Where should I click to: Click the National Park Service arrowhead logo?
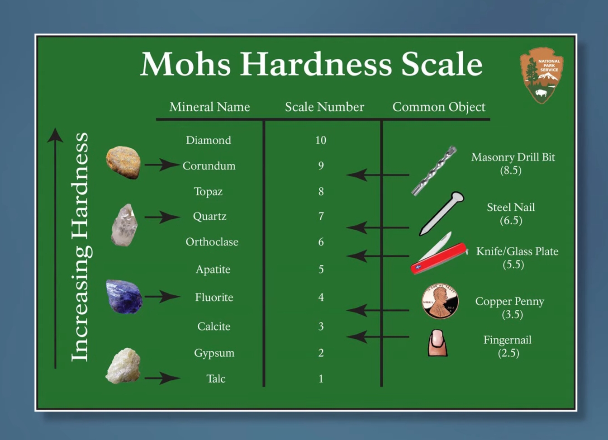coord(541,75)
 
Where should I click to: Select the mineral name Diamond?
coord(209,140)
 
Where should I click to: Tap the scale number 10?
coord(321,140)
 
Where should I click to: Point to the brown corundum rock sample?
coord(123,162)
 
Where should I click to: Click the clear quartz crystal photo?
coord(124,225)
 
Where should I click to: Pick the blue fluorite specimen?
coord(124,297)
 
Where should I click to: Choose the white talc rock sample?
coord(123,366)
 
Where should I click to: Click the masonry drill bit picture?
coord(434,171)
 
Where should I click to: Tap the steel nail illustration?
coord(442,213)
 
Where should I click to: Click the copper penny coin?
coord(440,301)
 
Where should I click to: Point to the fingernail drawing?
coord(437,343)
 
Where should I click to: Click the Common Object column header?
coord(439,107)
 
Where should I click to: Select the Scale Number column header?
coord(324,107)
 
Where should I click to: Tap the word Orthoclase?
coord(212,241)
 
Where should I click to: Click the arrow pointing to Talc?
coord(162,378)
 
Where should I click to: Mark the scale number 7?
coord(321,216)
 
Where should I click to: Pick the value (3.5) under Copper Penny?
coord(512,315)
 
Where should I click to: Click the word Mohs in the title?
coord(185,64)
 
